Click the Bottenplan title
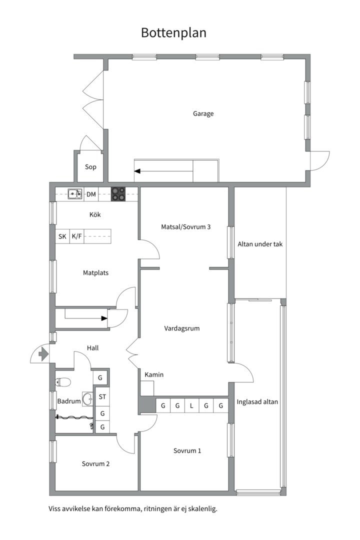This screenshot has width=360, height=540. pos(173,33)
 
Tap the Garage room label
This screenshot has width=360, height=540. pos(203,113)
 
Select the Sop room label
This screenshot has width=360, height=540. pos(90,167)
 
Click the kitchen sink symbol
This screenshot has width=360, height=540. pos(75,194)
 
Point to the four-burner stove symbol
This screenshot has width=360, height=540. pos(118,194)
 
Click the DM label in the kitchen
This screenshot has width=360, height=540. pos(91,194)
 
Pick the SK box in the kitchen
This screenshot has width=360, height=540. pos(62,236)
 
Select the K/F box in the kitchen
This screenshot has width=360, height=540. pos(76,236)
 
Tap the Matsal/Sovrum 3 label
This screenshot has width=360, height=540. pos(185,226)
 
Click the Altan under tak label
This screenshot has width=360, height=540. pos(260,244)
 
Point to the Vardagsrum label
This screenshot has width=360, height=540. pos(182,328)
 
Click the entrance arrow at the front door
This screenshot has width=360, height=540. pos(43,354)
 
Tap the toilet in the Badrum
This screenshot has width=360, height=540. pos(62,382)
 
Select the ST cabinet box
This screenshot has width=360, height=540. pos(102,397)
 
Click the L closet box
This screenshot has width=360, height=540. pos(192,406)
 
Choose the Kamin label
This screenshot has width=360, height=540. pos(154,374)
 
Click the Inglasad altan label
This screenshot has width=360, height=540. pos(257,401)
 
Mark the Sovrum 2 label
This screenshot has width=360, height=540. pos(95,463)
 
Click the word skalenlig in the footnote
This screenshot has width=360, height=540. pos(201,509)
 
